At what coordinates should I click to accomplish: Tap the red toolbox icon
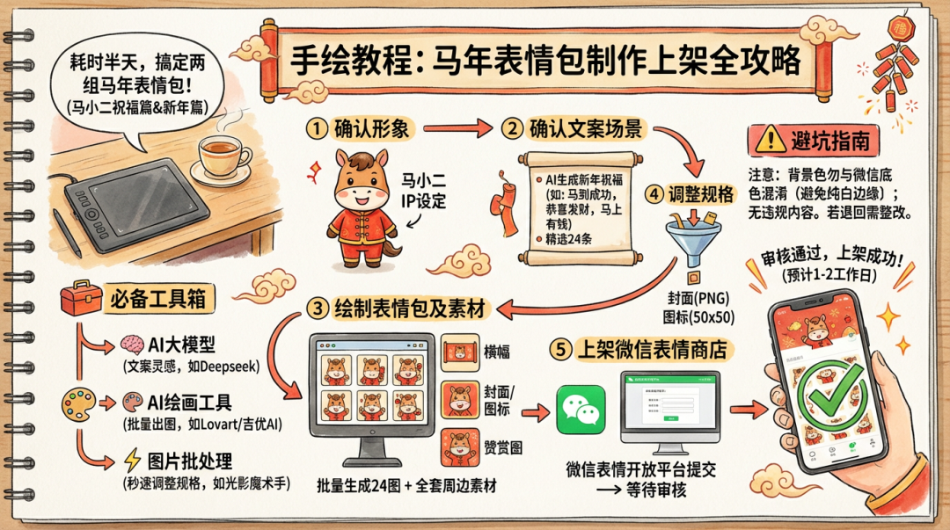tap(80, 300)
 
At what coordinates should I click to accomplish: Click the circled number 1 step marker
tap(318, 128)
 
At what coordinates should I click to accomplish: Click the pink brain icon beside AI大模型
tap(133, 344)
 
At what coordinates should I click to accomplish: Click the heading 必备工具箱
tap(159, 300)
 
